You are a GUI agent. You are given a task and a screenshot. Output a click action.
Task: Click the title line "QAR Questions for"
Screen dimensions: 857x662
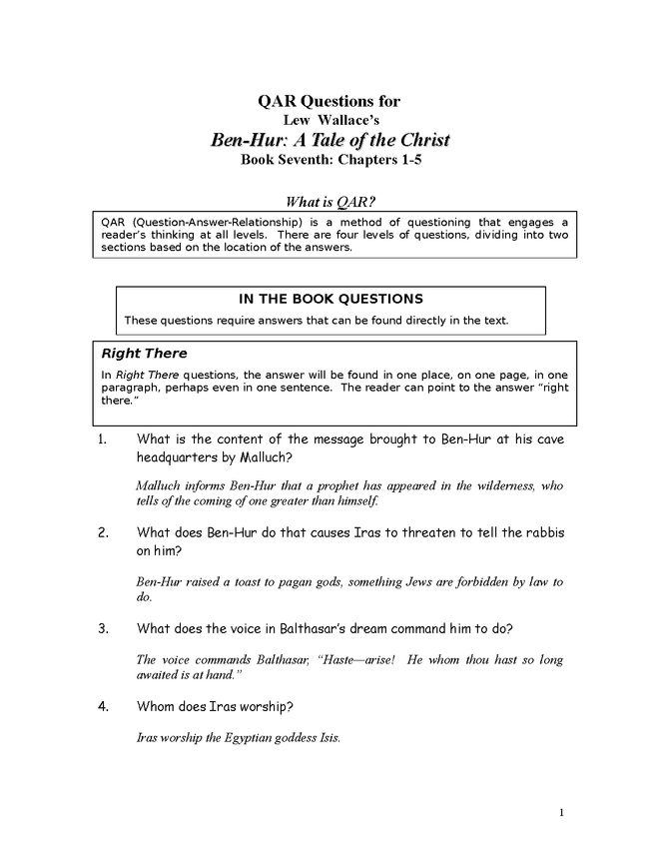pos(330,101)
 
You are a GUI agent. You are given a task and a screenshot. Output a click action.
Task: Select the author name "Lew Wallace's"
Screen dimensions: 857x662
pos(330,120)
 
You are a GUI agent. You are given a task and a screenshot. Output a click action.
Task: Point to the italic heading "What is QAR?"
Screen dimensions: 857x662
pos(330,201)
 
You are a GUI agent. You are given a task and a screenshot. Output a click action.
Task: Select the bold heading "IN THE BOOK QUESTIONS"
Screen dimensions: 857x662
pos(331,299)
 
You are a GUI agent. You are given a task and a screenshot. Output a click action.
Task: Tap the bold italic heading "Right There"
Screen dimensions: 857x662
pos(144,354)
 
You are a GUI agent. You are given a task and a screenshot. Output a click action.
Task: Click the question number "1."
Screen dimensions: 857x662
pos(104,438)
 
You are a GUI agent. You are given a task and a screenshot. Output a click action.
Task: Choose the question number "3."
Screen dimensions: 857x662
pos(104,628)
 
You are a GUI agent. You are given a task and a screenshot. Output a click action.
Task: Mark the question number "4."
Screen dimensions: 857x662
pos(104,707)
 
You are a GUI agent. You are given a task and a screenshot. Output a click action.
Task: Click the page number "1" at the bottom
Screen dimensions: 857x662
pos(562,812)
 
